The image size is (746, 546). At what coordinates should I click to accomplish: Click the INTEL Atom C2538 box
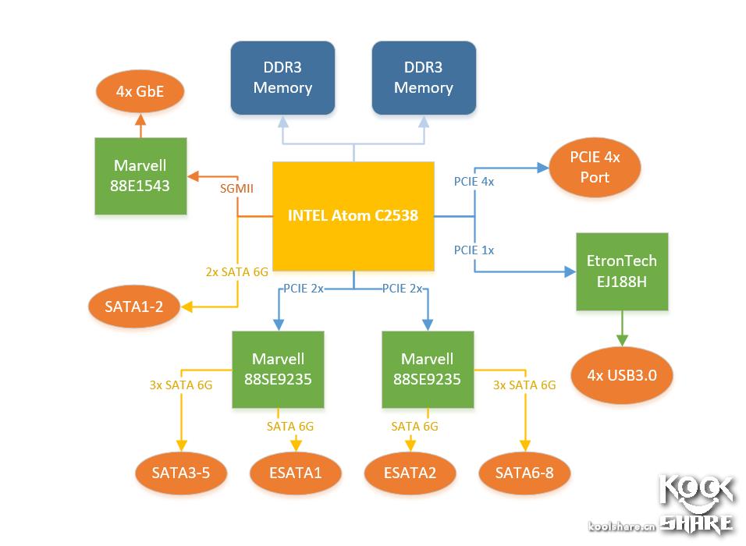(x=353, y=215)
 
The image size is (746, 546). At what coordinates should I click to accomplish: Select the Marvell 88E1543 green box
(x=140, y=175)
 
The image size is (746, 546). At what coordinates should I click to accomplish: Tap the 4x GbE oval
(x=140, y=91)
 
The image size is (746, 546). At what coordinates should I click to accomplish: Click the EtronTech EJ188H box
(x=622, y=271)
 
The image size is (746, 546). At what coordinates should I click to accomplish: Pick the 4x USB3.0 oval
(x=622, y=374)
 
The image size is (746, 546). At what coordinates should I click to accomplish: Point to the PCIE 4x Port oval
(x=595, y=167)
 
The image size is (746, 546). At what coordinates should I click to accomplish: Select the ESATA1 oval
(x=295, y=471)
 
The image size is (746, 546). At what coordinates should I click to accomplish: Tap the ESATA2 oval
(x=410, y=471)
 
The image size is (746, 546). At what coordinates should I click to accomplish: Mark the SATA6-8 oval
(x=524, y=471)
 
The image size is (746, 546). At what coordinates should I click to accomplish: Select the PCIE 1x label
(x=474, y=250)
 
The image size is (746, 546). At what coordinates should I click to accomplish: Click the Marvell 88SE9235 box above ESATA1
(x=278, y=369)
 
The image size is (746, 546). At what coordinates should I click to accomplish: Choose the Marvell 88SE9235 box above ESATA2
(x=427, y=369)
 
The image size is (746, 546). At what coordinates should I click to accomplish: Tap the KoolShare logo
(x=697, y=502)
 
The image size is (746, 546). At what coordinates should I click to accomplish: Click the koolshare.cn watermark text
(x=621, y=526)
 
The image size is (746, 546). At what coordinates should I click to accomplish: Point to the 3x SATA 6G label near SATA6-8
(x=524, y=385)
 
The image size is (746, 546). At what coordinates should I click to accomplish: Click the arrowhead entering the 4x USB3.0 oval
(x=622, y=341)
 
